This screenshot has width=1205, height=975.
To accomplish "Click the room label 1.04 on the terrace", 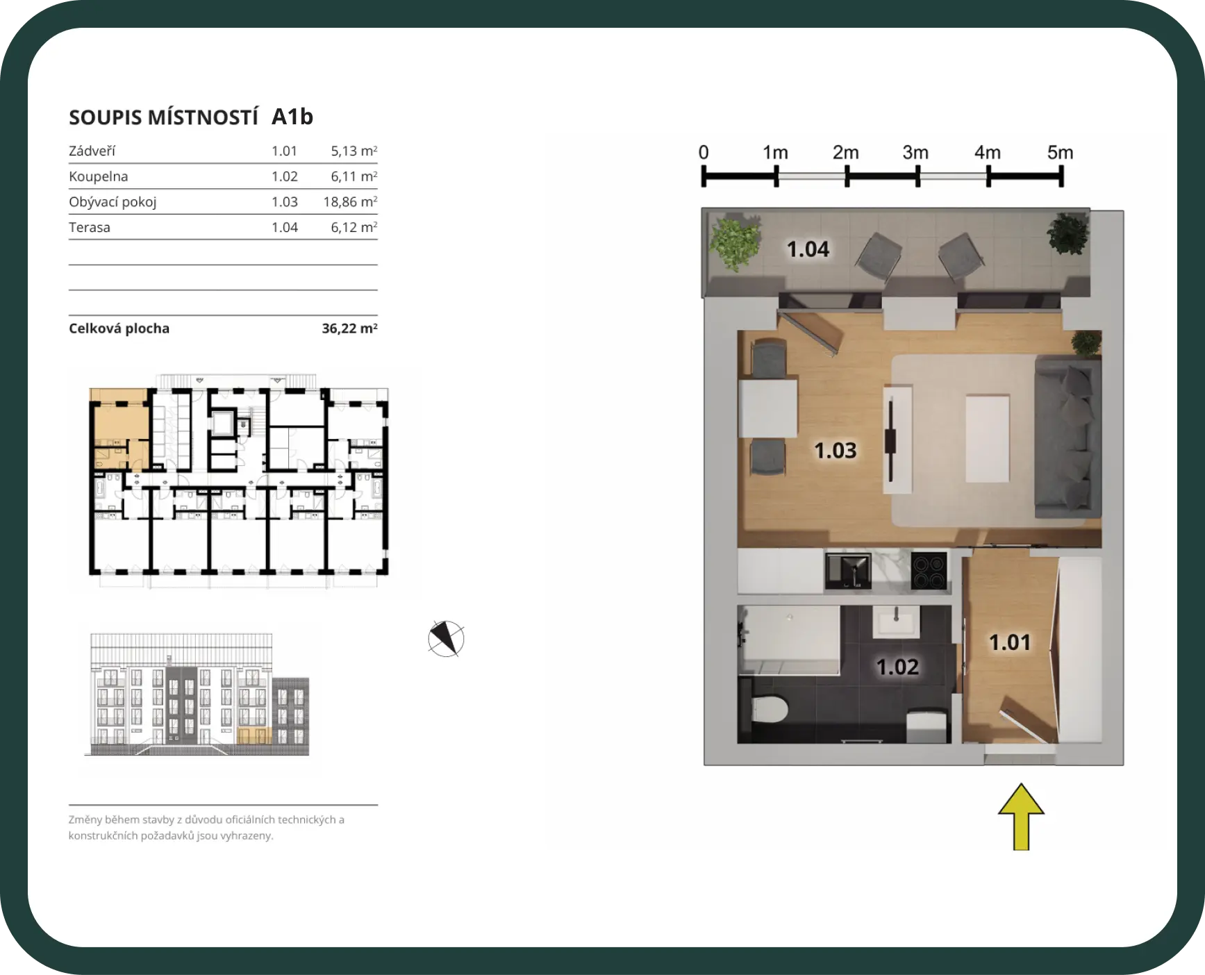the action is (x=808, y=249).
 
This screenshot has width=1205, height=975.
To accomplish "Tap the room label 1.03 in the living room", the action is (x=836, y=451).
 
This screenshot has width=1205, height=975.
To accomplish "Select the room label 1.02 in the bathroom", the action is (x=897, y=667).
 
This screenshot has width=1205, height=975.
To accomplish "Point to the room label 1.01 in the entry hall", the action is (x=1010, y=642).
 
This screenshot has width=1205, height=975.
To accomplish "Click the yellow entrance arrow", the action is (x=1021, y=817).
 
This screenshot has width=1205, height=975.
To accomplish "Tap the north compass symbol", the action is (x=446, y=639).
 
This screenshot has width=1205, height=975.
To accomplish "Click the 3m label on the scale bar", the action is (x=915, y=152).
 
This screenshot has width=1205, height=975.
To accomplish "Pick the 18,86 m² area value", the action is (x=350, y=201).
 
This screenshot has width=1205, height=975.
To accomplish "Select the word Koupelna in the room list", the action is (x=99, y=176).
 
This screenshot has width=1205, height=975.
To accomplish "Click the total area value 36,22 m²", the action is (x=349, y=328).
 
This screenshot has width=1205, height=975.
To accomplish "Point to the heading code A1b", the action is (x=292, y=117).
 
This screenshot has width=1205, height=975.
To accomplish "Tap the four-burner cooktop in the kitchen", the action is (x=929, y=571).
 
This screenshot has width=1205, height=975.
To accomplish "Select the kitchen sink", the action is (x=848, y=571).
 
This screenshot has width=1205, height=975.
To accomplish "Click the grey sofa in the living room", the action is (x=1068, y=436).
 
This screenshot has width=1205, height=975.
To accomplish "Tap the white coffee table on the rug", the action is (x=987, y=438).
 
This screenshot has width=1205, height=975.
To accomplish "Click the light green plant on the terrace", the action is (x=734, y=243).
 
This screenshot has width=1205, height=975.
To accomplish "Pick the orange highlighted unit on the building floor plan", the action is (x=120, y=428).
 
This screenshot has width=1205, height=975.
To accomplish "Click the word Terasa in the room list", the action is (x=90, y=227).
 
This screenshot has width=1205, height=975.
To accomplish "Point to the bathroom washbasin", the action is (x=896, y=620).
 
